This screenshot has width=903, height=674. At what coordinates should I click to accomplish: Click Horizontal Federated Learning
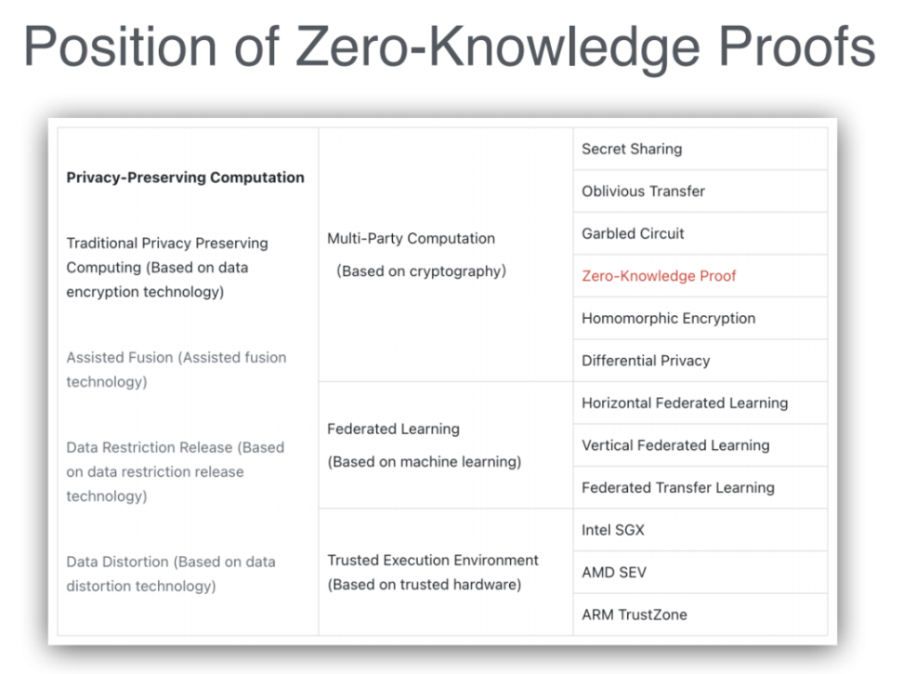[x=685, y=403]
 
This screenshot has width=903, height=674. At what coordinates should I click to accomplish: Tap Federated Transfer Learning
[x=678, y=487]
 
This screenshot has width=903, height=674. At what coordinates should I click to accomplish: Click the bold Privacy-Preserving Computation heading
[x=186, y=178]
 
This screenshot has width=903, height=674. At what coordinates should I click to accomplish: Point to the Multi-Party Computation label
[x=412, y=239]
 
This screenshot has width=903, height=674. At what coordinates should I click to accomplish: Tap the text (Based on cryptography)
[x=421, y=271]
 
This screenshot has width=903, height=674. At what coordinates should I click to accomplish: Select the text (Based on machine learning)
[x=425, y=462]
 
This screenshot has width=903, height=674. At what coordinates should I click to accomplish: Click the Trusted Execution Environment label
[x=433, y=560]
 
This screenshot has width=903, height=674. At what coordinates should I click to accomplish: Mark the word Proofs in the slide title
[x=797, y=47]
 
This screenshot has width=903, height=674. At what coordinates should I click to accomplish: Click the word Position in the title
[x=120, y=47]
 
